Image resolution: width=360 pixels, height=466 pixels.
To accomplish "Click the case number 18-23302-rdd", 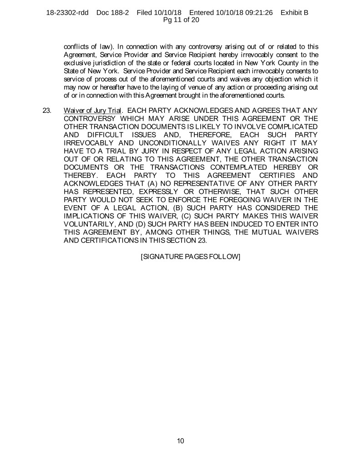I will tap(68, 13).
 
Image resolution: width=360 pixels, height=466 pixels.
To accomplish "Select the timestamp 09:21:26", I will tap(255, 13).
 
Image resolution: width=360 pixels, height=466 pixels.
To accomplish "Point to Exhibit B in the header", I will tap(294, 13).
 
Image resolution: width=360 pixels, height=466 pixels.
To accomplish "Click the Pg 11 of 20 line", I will tap(180, 20).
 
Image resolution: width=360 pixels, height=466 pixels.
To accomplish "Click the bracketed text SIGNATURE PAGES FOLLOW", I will tap(191, 256).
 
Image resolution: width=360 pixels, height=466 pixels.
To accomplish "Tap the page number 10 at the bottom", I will tap(180, 441).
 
